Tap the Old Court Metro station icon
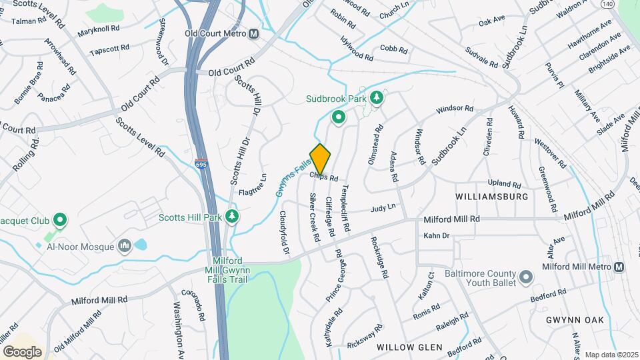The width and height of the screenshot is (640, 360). pyautogui.click(x=253, y=34)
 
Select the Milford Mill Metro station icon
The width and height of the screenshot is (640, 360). pyautogui.click(x=619, y=267)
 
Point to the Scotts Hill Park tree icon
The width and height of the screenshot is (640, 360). pyautogui.click(x=232, y=216)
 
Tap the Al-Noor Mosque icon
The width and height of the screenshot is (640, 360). pyautogui.click(x=124, y=247)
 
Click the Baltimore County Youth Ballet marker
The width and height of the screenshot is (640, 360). pyautogui.click(x=525, y=275)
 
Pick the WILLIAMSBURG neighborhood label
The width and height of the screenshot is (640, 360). pyautogui.click(x=492, y=197)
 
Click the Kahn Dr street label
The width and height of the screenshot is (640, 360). pyautogui.click(x=437, y=235)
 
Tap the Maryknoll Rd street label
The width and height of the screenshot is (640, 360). pyautogui.click(x=98, y=30)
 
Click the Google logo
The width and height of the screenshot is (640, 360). pyautogui.click(x=23, y=351)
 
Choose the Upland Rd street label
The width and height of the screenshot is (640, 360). pyautogui.click(x=503, y=183)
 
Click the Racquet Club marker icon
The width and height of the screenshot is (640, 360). pyautogui.click(x=59, y=219)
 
